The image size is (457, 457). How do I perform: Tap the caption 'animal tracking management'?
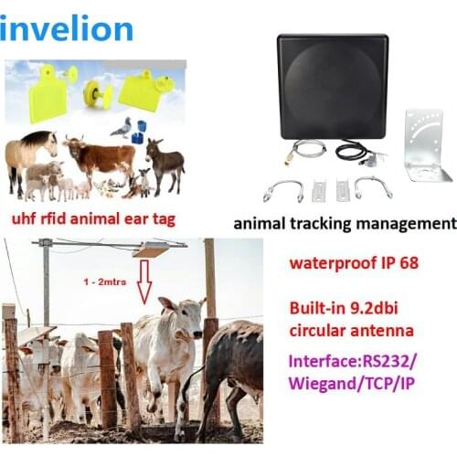[x=345, y=222]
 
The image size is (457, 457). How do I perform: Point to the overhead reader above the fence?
[x=151, y=249]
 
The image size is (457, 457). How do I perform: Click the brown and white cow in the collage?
[x=98, y=157]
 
